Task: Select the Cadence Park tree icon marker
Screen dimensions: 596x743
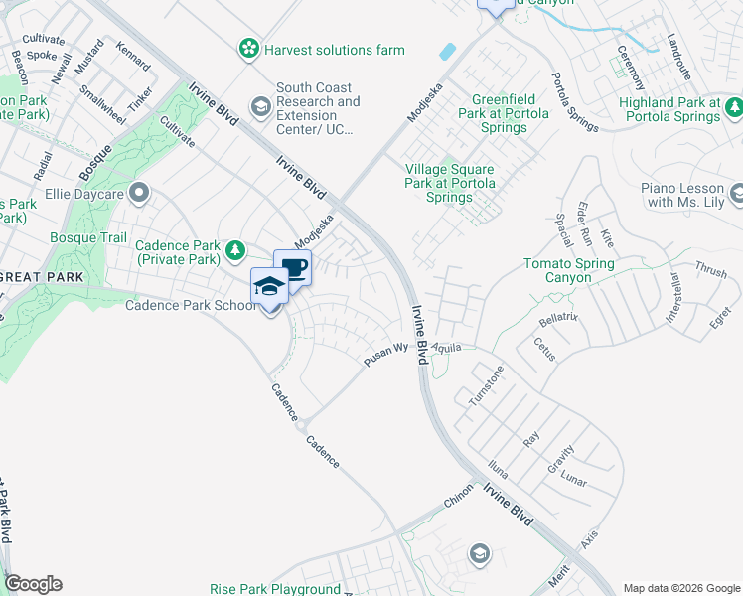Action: point(235,249)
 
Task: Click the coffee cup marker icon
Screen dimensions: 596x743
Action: point(293,266)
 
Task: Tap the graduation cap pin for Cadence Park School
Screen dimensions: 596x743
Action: point(269,286)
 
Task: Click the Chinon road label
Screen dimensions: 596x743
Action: point(460,501)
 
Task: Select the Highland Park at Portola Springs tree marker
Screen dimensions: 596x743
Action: point(734,106)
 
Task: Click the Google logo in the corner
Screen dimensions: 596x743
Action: point(33,584)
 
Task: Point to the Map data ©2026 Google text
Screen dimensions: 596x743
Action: point(681,587)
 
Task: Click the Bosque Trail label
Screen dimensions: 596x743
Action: point(88,238)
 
